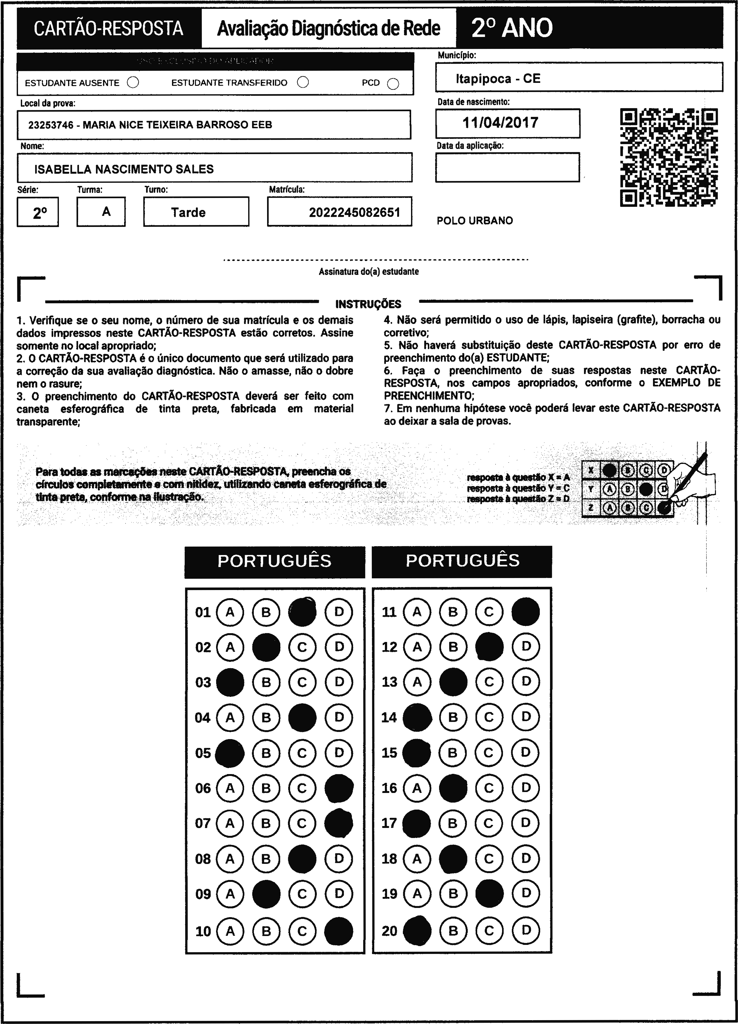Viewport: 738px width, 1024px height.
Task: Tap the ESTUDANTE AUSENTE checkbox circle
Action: (x=133, y=83)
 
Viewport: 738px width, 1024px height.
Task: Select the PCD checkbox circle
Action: (x=393, y=84)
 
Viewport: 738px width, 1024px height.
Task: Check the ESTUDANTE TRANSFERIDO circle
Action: (x=303, y=82)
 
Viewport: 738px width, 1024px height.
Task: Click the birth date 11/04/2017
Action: (x=500, y=123)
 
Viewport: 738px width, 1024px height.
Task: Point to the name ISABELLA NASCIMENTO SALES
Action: (x=124, y=169)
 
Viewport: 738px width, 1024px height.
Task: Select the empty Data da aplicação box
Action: (x=507, y=167)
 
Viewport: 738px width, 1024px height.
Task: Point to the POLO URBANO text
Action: (x=475, y=221)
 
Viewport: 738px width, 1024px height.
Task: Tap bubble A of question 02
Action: (x=230, y=647)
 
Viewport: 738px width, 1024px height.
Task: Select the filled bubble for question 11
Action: (x=525, y=612)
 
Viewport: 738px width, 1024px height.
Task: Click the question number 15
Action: (x=389, y=753)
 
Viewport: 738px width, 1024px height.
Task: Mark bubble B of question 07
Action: (x=266, y=823)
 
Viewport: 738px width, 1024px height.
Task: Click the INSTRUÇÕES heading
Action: (x=368, y=304)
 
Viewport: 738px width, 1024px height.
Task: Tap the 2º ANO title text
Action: (x=512, y=28)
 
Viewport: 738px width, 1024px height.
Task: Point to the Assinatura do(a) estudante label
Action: (x=369, y=272)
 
